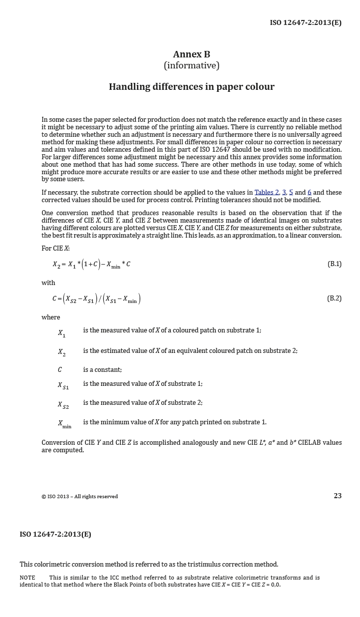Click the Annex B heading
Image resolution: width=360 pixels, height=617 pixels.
click(x=191, y=54)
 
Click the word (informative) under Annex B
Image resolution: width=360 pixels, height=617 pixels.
click(x=191, y=65)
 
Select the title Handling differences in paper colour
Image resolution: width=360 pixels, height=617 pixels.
click(x=191, y=86)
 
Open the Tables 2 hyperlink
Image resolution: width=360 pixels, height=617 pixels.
click(x=267, y=192)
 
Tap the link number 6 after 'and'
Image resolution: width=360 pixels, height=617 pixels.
click(x=310, y=192)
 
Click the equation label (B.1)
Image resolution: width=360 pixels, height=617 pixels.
click(x=334, y=264)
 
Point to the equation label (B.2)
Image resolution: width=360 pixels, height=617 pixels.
click(x=334, y=298)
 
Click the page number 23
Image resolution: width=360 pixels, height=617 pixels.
click(x=338, y=496)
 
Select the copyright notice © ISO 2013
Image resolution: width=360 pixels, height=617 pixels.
click(x=79, y=496)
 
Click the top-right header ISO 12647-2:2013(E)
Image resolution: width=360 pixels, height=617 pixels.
click(x=306, y=22)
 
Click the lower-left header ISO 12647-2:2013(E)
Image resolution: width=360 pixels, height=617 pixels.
click(x=55, y=534)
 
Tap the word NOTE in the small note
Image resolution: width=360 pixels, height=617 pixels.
click(x=27, y=578)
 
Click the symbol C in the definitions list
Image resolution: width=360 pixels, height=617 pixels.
click(x=60, y=370)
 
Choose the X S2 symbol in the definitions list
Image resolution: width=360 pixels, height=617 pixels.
click(x=63, y=404)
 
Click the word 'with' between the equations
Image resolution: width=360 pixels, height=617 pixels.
click(x=48, y=283)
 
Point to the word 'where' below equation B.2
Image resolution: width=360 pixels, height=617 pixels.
click(x=50, y=317)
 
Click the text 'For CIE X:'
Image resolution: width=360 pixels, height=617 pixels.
click(x=55, y=248)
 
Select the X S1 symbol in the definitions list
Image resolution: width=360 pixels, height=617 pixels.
click(x=63, y=385)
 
